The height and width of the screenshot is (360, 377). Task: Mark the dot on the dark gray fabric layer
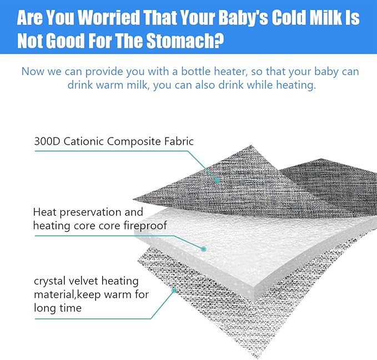[x=218, y=180]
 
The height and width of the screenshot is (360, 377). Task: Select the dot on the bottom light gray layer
[x=174, y=290]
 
